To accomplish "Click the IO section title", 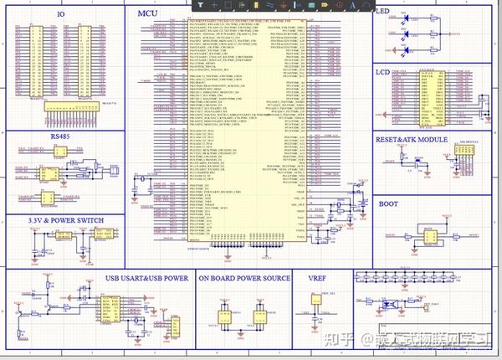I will click(x=60, y=15).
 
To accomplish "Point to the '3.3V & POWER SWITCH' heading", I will click(x=55, y=220).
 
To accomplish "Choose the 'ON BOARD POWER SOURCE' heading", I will click(x=244, y=278).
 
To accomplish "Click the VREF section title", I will click(x=316, y=278).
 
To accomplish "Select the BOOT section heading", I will click(x=389, y=203).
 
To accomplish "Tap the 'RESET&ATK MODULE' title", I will click(x=412, y=140).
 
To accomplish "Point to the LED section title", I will click(x=382, y=12).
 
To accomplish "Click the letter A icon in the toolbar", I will click(x=352, y=6).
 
